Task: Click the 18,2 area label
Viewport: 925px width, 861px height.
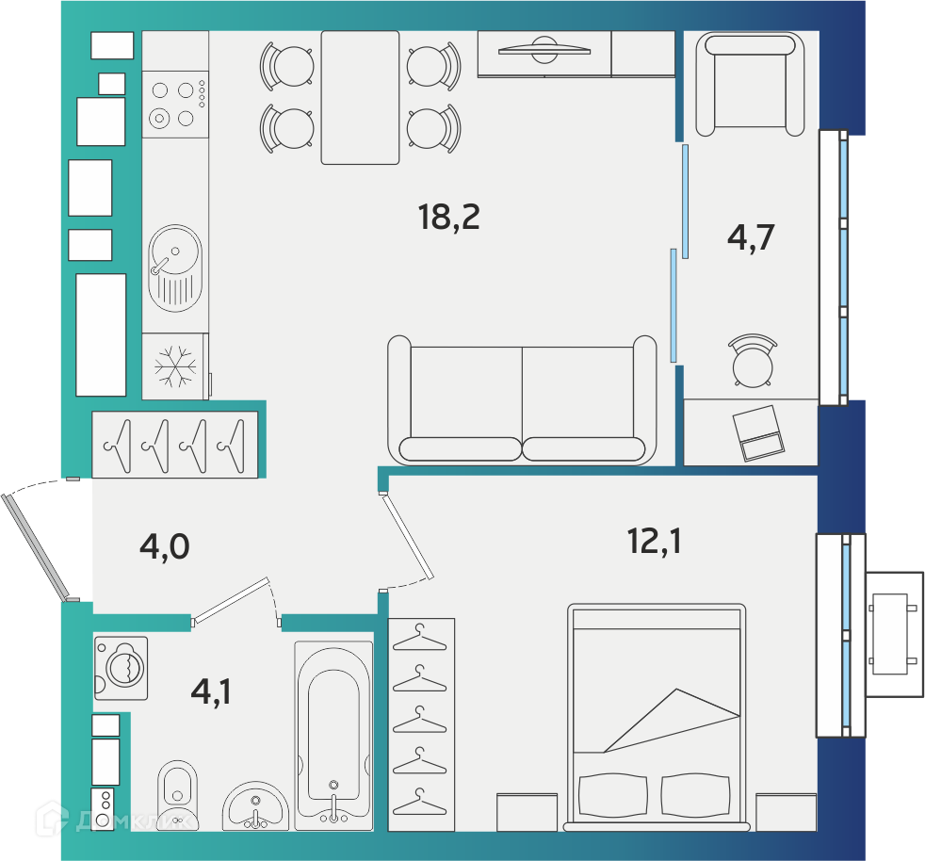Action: point(449,218)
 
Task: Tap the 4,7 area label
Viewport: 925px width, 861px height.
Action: point(751,237)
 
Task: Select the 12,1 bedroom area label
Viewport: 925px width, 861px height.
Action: point(655,541)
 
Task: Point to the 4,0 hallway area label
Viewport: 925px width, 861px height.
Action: point(165,546)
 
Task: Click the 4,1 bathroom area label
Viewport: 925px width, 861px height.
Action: point(211,691)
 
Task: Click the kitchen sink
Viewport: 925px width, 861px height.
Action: point(175,268)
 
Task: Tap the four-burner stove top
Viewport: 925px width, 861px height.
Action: point(175,105)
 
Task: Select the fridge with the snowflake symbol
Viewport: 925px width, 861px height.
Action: point(175,366)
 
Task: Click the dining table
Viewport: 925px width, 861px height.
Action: point(360,97)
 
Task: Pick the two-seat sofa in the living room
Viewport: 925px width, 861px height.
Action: point(522,400)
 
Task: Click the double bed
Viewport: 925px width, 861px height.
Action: point(657,717)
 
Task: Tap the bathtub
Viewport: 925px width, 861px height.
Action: point(333,736)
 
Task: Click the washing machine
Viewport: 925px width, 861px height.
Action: point(121,668)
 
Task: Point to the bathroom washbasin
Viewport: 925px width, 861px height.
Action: point(255,806)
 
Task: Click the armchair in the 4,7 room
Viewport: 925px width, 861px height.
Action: point(750,84)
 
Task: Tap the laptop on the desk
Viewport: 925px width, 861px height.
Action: point(758,433)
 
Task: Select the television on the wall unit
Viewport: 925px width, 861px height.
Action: point(544,51)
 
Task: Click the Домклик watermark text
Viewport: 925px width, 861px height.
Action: point(134,820)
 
